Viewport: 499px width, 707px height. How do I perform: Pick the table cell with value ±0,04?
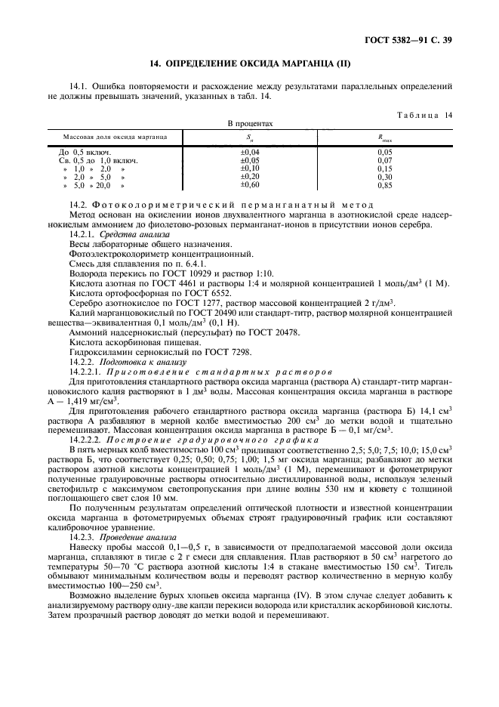click(249, 152)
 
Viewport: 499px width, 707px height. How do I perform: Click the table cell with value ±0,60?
click(249, 185)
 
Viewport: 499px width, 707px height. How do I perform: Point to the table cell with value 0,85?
click(386, 185)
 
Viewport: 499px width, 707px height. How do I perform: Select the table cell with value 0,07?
click(386, 160)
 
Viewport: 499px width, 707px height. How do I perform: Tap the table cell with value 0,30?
click(386, 177)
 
